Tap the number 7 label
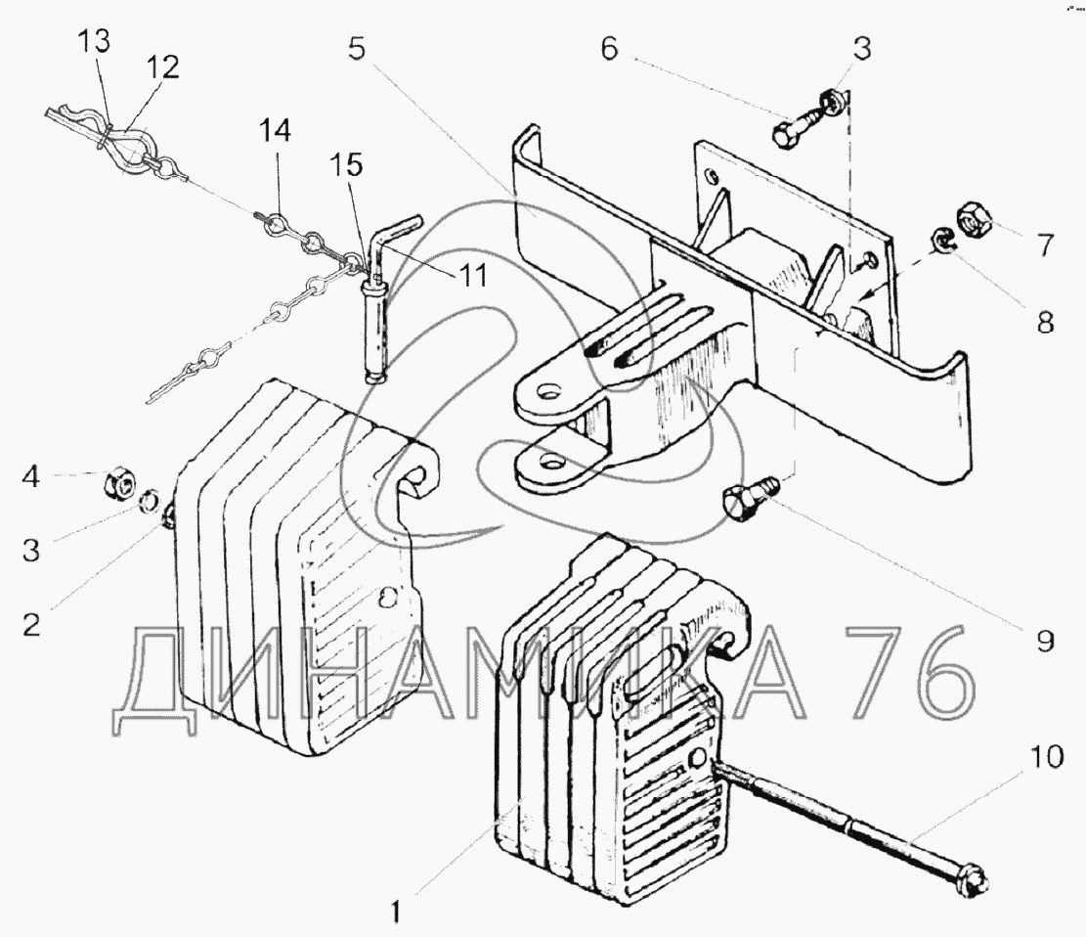1046,245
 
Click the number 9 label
1044,641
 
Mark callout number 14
276,129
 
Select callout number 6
609,49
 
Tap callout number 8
1046,322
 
